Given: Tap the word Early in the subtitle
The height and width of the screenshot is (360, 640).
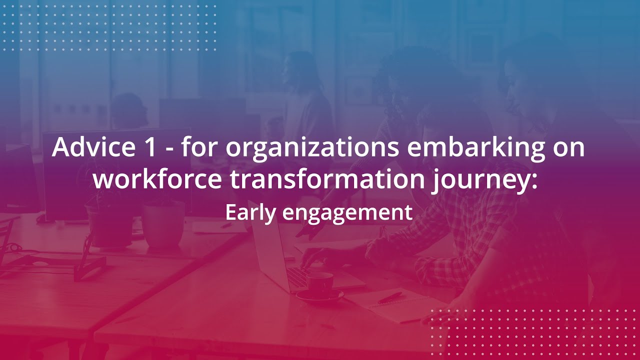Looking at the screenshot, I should coord(250,213).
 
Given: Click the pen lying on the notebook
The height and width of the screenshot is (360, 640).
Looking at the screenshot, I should coord(390,298).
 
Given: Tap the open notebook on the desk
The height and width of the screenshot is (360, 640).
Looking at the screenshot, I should coord(395,305).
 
